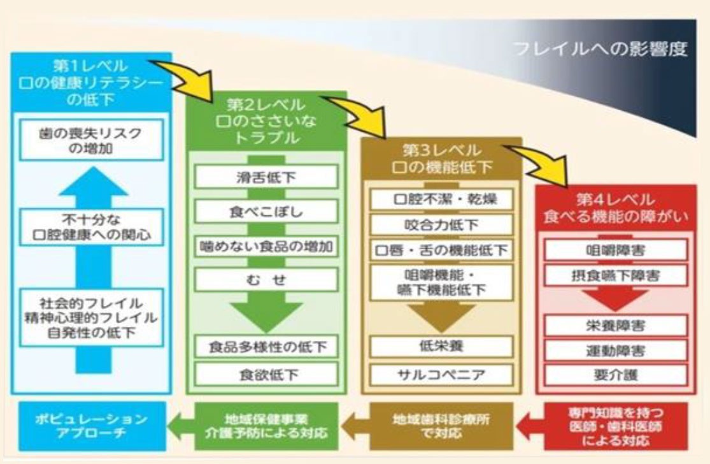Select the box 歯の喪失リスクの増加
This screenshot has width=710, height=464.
pos(90,141)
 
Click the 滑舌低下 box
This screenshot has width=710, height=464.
pos(266,177)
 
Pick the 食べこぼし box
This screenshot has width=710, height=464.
pos(266,212)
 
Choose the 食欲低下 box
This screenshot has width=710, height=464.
pos(266,373)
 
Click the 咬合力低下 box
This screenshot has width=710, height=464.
pos(441,224)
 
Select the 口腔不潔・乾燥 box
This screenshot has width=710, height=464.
pos(441,199)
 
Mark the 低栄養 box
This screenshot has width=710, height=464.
pos(441,346)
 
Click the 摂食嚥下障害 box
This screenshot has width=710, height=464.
pos(615,276)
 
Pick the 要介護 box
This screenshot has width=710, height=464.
pos(615,374)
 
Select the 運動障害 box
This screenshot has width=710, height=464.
pos(615,350)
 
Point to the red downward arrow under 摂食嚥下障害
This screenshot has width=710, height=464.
pos(615,298)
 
